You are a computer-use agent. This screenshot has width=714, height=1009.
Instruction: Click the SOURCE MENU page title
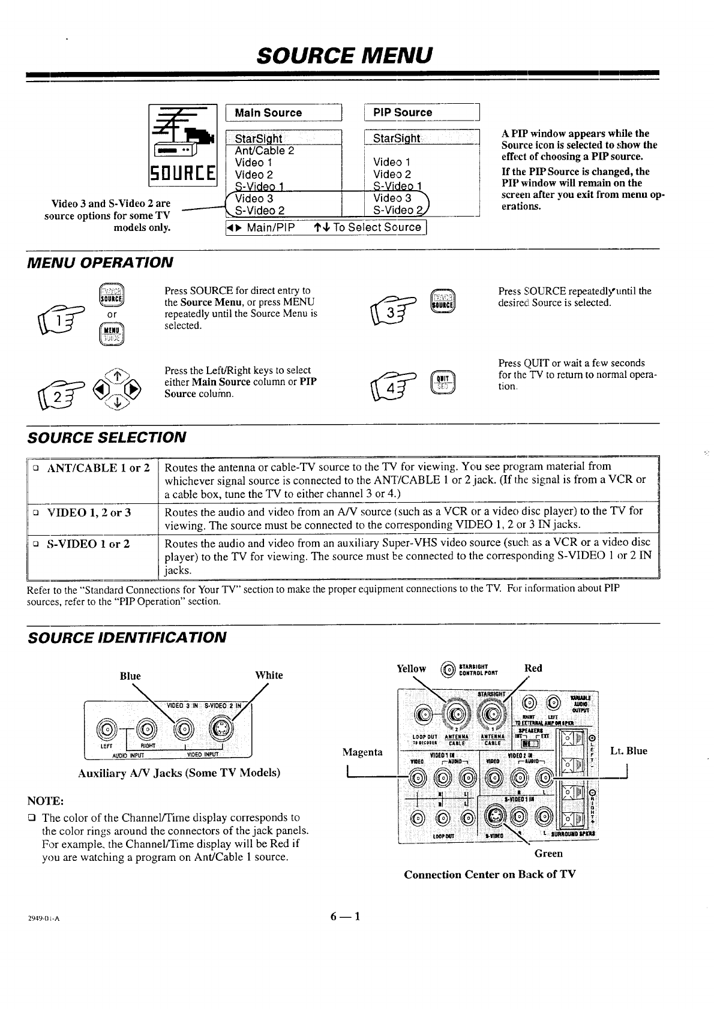tap(344, 55)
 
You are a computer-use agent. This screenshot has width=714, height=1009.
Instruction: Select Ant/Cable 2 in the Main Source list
tap(264, 151)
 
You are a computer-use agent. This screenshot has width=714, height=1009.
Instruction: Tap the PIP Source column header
tap(402, 112)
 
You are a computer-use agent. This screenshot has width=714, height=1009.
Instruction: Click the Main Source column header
tap(268, 113)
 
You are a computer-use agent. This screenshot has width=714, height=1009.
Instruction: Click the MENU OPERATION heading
tap(100, 262)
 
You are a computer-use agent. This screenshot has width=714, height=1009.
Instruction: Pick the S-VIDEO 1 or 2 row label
tap(88, 544)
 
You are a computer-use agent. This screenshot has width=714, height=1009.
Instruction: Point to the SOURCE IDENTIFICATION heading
tap(127, 637)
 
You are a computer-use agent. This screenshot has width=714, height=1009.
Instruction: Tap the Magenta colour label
tap(362, 752)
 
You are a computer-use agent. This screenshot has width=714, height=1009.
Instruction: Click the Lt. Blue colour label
tap(628, 750)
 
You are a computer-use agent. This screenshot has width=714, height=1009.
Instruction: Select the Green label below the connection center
tap(548, 853)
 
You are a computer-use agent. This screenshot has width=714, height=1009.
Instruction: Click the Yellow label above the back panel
tap(412, 669)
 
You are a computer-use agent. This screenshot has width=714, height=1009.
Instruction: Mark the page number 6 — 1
tap(344, 916)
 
